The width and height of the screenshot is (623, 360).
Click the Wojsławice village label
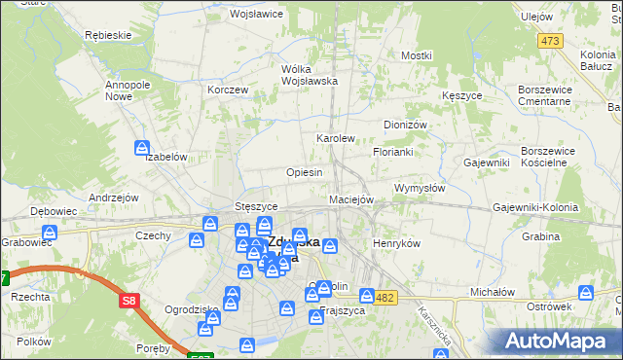[x=255, y=15]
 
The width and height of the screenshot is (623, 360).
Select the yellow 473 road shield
[x=551, y=40]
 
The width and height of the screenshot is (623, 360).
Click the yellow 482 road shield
[x=385, y=297]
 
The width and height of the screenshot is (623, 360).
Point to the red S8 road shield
[x=129, y=302]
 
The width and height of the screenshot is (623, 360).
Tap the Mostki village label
[x=416, y=55]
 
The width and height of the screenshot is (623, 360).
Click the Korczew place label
[x=229, y=90]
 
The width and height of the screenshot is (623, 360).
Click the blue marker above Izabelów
[x=142, y=149]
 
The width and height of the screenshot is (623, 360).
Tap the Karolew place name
[x=335, y=139]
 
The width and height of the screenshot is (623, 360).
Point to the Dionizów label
[x=406, y=126]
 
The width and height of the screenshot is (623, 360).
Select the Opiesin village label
[x=304, y=172]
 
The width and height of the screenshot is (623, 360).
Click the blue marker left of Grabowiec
[x=50, y=234]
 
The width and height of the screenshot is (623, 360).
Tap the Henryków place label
[x=396, y=243]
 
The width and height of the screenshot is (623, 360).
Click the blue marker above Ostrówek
[x=586, y=292]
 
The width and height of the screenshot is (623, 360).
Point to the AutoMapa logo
[x=557, y=340]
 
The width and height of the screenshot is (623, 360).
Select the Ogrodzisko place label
[x=165, y=309]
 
